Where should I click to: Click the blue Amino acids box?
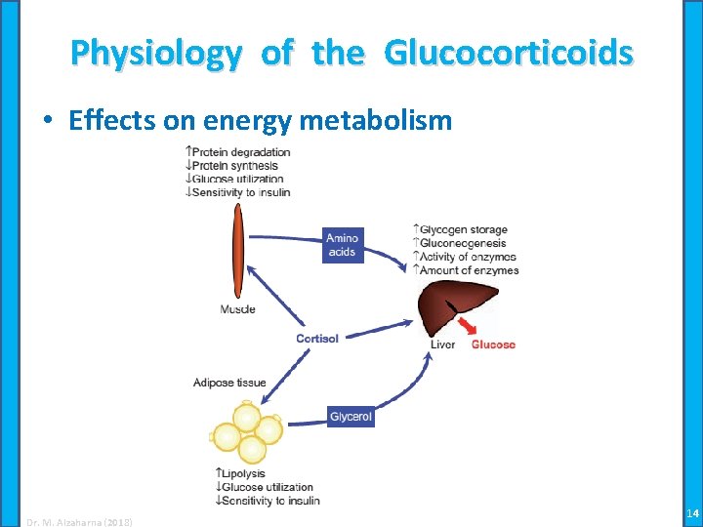pos(342,245)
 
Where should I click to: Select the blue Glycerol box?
pos(351,417)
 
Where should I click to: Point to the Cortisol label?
pos(317,339)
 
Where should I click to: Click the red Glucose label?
pos(493,345)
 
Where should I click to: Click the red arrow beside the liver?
pos(473,325)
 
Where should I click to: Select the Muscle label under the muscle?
pos(237,309)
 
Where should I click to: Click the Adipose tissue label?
pos(229,383)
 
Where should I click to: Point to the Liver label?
pos(442,345)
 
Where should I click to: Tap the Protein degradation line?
pos(238,152)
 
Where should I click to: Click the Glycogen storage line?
pos(461,230)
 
